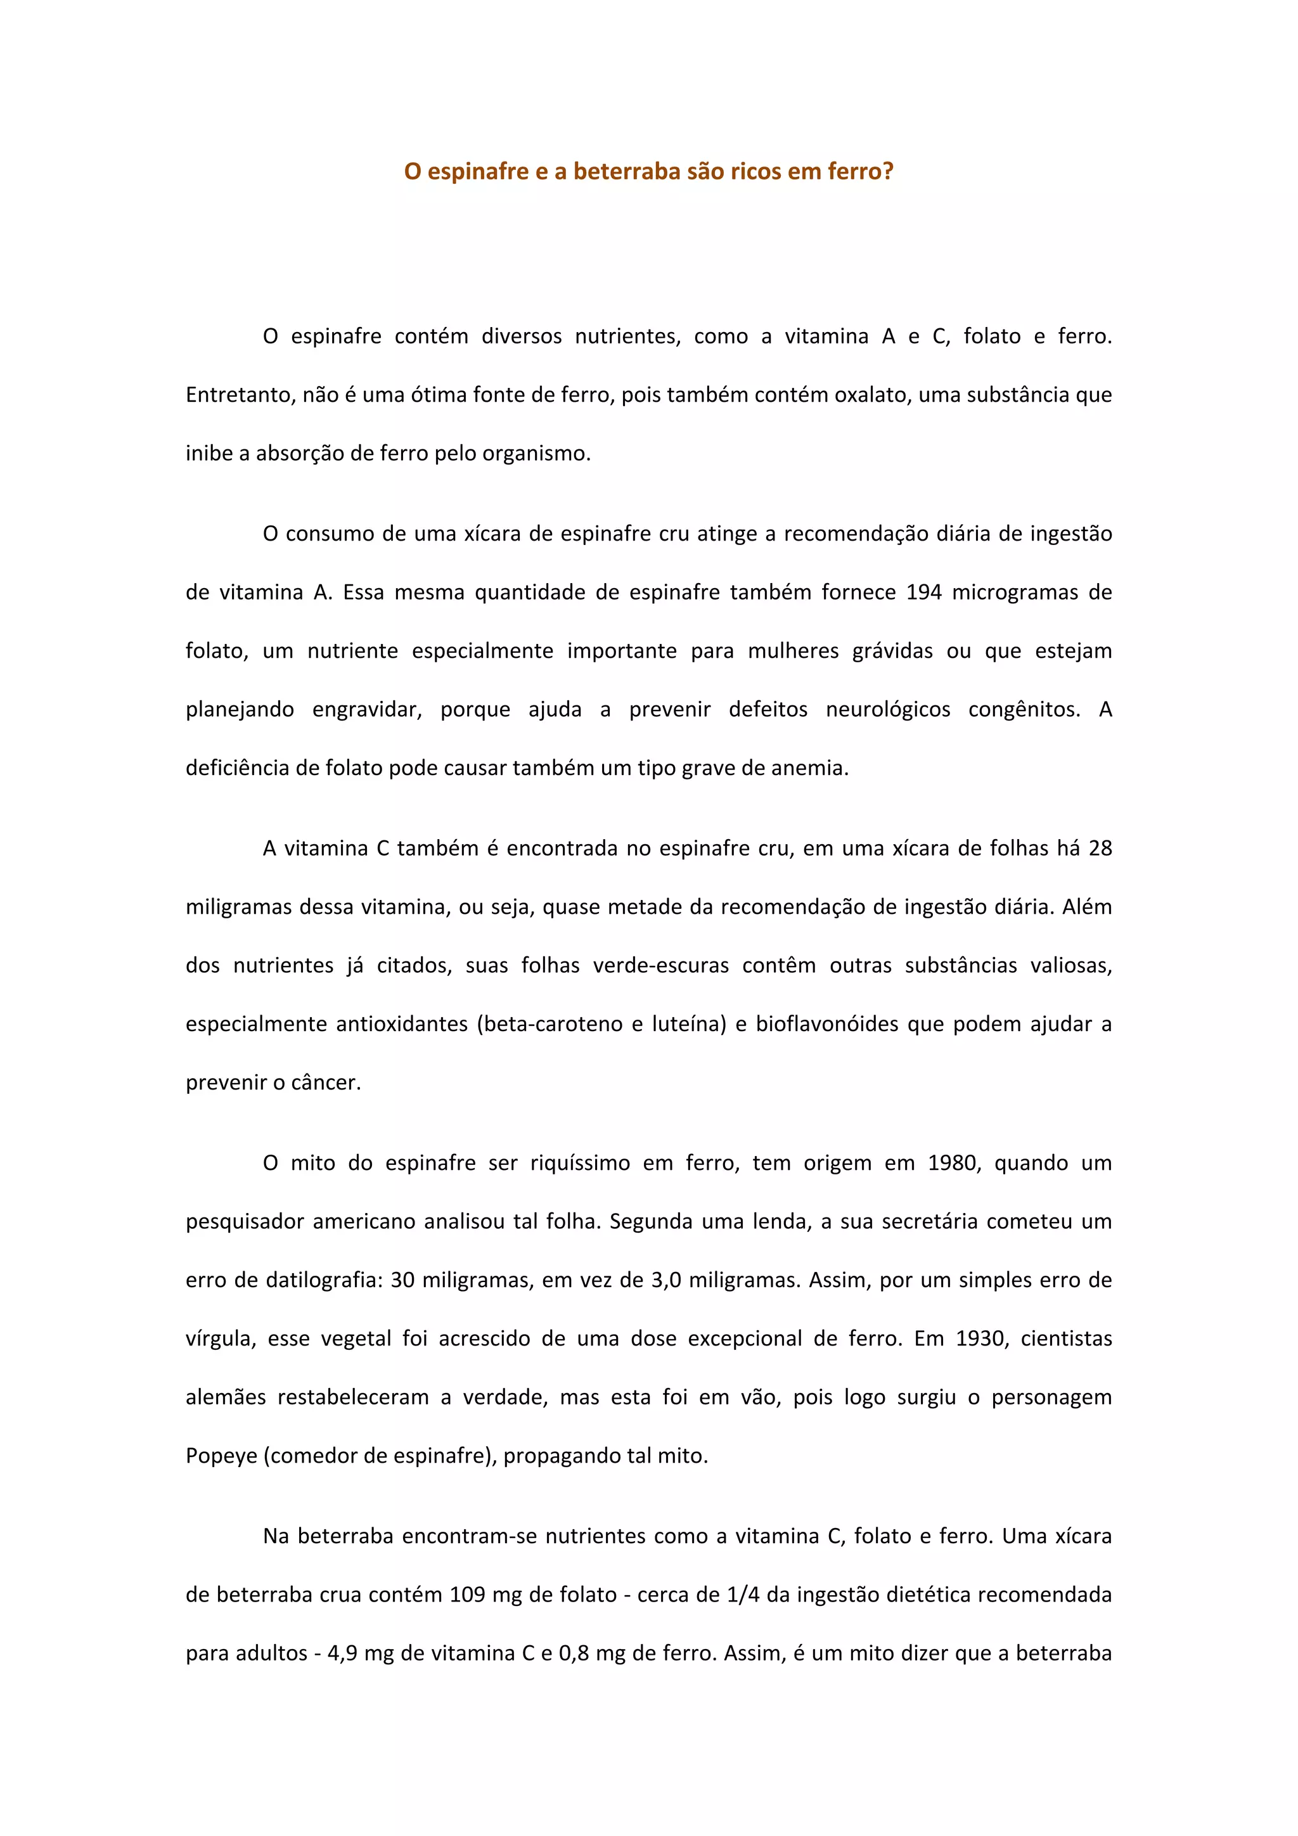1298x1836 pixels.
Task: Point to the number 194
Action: (x=923, y=592)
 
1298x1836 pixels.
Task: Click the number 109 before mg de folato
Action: (x=468, y=1595)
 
